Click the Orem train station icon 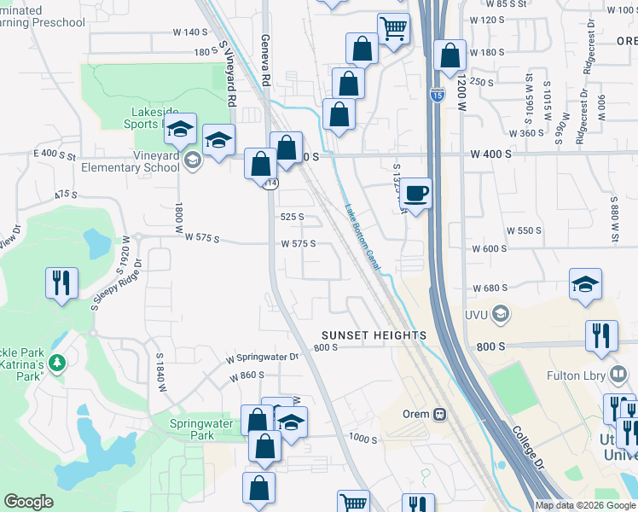(439, 414)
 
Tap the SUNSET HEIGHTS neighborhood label (374, 335)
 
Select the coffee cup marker (416, 193)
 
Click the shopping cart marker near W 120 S (393, 28)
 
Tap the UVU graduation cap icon (499, 314)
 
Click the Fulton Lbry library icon (620, 374)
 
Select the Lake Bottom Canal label (362, 237)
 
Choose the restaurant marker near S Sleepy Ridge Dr (61, 283)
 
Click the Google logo (28, 502)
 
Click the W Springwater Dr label (263, 358)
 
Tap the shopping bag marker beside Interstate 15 (449, 56)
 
